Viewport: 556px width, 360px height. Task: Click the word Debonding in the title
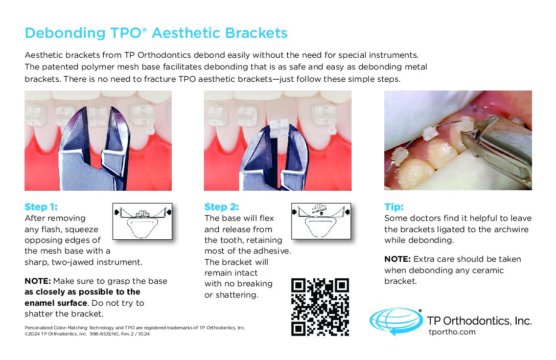tap(65, 33)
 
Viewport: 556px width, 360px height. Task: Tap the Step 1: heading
tap(41, 207)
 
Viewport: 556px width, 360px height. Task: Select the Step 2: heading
tap(222, 207)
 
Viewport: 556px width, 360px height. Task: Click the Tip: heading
tap(394, 207)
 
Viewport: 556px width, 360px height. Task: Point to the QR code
tap(320, 307)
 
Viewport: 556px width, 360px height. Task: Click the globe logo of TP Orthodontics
tap(396, 321)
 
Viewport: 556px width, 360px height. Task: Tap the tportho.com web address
tap(452, 332)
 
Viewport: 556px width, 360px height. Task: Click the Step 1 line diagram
tap(142, 221)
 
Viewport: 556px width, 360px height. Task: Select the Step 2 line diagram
tap(321, 221)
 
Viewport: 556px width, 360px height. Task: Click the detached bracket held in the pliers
tap(280, 128)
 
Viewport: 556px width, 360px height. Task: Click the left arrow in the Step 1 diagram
tap(117, 212)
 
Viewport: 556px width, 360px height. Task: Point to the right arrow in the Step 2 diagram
tap(347, 212)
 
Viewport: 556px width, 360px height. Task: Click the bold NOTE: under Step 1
tap(38, 281)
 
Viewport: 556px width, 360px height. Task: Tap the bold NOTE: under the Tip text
tap(398, 259)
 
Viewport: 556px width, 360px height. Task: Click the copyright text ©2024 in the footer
tap(32, 334)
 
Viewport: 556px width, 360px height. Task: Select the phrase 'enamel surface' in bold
tap(56, 303)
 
